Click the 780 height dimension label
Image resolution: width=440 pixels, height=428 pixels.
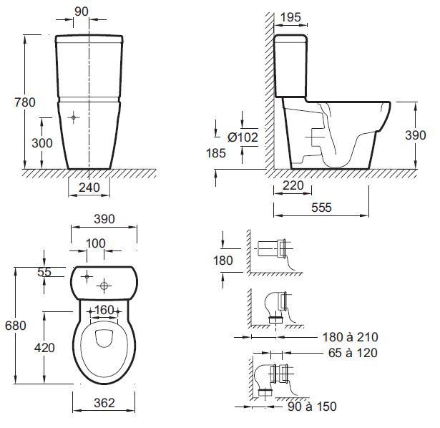click(x=25, y=102)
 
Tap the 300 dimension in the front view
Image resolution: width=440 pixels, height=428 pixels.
click(x=42, y=143)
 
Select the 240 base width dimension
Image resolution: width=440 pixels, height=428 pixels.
click(x=89, y=188)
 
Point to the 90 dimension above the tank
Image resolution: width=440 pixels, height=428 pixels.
click(x=82, y=11)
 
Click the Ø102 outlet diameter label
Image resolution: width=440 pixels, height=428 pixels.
click(x=243, y=137)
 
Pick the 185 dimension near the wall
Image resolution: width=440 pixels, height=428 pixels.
click(x=216, y=153)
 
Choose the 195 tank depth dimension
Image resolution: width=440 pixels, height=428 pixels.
click(x=290, y=17)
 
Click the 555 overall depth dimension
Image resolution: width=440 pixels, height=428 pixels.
click(x=321, y=208)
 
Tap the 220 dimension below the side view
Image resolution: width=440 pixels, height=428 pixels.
click(x=293, y=185)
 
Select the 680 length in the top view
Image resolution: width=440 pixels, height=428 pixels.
click(x=16, y=326)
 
